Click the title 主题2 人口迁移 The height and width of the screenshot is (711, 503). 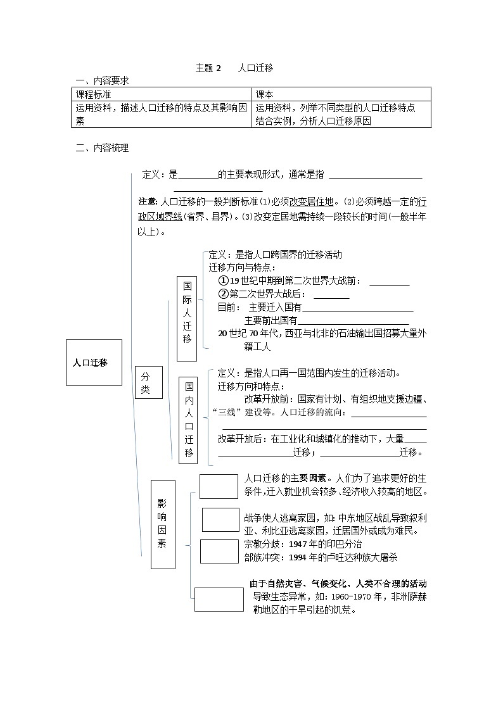[234, 68]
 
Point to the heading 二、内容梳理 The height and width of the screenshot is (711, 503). [102, 148]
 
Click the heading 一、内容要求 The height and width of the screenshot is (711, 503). [102, 80]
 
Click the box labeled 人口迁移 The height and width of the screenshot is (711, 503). [94, 363]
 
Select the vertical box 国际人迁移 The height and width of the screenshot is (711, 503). [187, 310]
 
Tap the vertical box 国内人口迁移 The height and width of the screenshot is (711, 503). [189, 418]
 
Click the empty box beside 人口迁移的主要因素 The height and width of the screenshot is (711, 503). [219, 486]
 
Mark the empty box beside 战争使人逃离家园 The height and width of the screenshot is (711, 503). [220, 520]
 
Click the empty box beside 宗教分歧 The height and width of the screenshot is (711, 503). [219, 551]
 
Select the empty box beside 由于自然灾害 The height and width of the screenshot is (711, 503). [219, 599]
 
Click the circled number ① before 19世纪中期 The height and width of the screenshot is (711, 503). [222, 280]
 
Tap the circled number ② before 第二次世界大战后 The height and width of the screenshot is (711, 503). [222, 294]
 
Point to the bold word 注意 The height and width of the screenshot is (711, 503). [147, 202]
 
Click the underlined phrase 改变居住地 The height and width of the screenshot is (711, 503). [311, 202]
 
